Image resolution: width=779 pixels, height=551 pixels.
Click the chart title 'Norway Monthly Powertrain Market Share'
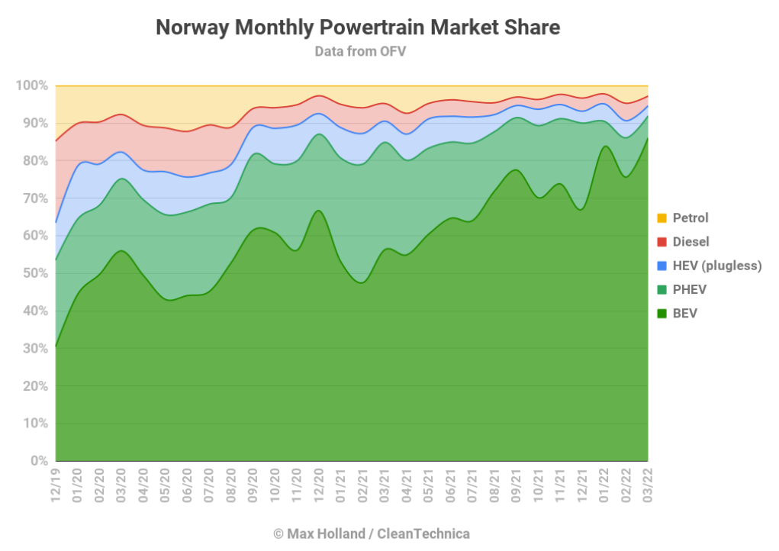click(358, 28)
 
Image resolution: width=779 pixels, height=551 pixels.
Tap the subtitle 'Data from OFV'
click(358, 51)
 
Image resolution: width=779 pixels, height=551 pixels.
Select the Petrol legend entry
click(690, 218)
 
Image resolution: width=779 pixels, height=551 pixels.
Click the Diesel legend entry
click(690, 242)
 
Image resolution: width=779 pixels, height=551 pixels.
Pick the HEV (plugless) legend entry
click(716, 266)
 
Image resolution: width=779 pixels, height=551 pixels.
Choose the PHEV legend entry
click(688, 289)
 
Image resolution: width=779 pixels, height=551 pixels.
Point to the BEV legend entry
click(684, 313)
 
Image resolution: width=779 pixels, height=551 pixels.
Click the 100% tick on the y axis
click(31, 85)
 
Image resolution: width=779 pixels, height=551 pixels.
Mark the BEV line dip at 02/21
click(362, 282)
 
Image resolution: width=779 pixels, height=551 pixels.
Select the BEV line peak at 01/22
click(604, 147)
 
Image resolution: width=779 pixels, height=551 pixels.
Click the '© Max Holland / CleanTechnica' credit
click(371, 533)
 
